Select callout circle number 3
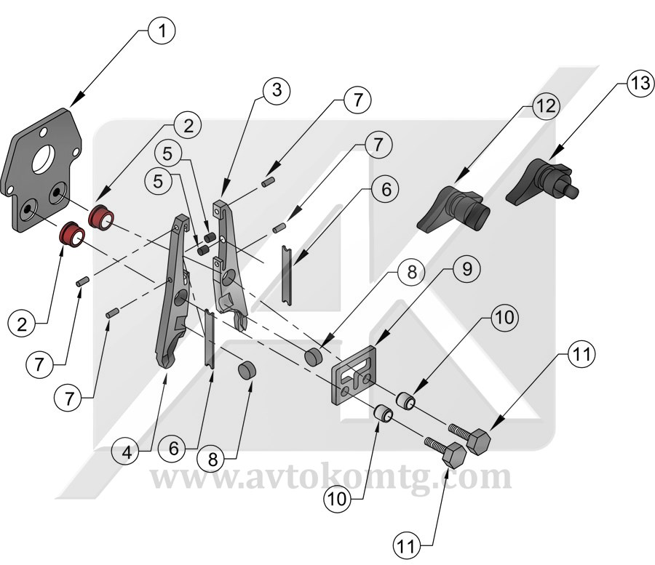pos(274,91)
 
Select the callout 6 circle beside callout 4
pos(174,448)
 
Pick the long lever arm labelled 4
pos(170,298)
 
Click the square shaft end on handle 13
pos(572,192)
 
